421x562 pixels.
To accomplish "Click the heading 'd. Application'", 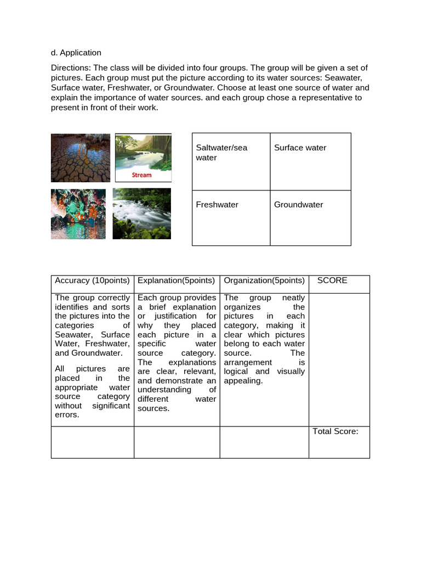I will pyautogui.click(x=76, y=53).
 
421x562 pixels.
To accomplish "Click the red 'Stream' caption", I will pyautogui.click(x=141, y=175).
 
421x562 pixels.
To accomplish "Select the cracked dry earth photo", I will pyautogui.click(x=81, y=158).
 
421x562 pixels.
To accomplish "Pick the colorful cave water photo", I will pyautogui.click(x=78, y=214).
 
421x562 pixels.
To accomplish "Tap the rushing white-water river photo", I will pyautogui.click(x=141, y=213).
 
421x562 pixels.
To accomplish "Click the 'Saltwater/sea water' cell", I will pyautogui.click(x=231, y=162).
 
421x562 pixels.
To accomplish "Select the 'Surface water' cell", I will pyautogui.click(x=310, y=162).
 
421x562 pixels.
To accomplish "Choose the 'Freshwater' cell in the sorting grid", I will pyautogui.click(x=231, y=218).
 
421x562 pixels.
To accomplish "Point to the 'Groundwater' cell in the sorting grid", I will pyautogui.click(x=310, y=218).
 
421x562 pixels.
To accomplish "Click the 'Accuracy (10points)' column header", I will pyautogui.click(x=92, y=280).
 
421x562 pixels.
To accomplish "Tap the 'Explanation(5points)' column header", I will pyautogui.click(x=177, y=280).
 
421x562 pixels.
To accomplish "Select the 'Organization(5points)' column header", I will pyautogui.click(x=264, y=280).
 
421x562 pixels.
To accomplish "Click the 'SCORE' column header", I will pyautogui.click(x=332, y=280).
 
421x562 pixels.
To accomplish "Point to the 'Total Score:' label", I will pyautogui.click(x=335, y=431).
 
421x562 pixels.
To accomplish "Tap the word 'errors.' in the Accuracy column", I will pyautogui.click(x=67, y=415).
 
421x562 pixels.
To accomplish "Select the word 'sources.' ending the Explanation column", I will pyautogui.click(x=153, y=408).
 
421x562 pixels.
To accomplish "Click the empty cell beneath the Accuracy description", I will pyautogui.click(x=92, y=442).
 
